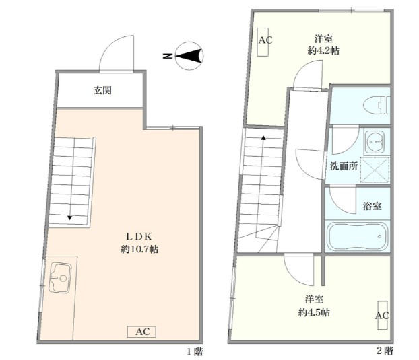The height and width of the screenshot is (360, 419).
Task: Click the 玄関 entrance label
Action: (x=102, y=90)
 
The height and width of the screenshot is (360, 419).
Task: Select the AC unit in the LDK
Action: (x=141, y=332)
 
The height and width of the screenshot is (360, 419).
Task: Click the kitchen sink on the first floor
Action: (x=60, y=278)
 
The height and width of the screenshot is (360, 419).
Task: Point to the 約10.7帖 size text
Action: (x=139, y=249)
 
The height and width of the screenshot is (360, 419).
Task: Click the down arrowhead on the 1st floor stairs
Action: (x=70, y=218)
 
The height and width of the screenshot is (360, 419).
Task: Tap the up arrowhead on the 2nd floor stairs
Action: (x=263, y=138)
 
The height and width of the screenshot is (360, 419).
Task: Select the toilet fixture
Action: (x=377, y=106)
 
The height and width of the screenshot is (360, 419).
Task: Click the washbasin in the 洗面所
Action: (x=374, y=141)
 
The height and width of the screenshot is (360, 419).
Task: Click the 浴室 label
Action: (x=372, y=206)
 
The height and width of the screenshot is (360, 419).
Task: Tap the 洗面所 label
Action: (x=344, y=166)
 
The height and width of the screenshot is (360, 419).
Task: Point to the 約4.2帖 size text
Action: (x=323, y=50)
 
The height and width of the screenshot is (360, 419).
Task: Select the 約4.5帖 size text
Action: (x=314, y=312)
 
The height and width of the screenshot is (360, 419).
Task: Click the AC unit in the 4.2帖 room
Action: (x=263, y=42)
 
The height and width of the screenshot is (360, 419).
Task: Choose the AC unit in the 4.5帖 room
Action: (x=383, y=316)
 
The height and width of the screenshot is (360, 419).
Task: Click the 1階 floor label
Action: (x=195, y=352)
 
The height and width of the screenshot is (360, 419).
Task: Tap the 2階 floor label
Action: (x=385, y=351)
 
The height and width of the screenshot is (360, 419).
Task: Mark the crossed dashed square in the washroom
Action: (x=375, y=170)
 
